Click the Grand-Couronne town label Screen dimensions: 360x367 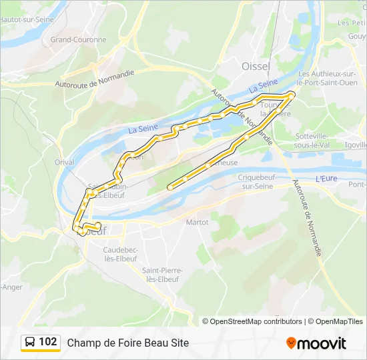[78, 39]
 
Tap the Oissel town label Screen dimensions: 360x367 [256, 67]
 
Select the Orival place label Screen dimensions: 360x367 [65, 162]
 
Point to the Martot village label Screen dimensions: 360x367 [197, 222]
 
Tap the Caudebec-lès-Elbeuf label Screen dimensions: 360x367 [120, 254]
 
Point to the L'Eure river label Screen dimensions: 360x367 [326, 179]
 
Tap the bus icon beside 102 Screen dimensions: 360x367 [31, 343]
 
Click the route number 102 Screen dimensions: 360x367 [47, 342]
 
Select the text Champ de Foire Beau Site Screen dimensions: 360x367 [127, 343]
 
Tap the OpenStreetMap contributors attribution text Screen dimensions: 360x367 [252, 321]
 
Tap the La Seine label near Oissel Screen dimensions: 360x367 [263, 86]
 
